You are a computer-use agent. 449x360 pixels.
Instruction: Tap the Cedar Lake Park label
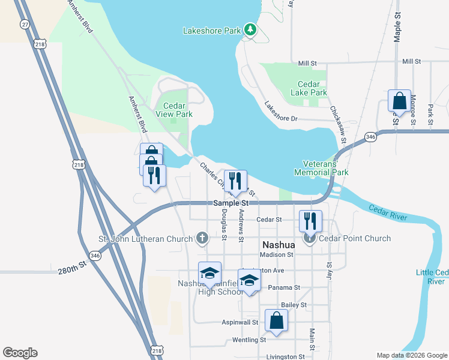point(312,89)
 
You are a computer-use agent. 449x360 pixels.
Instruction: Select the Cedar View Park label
point(174,110)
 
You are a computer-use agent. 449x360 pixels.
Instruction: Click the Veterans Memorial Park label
point(321,167)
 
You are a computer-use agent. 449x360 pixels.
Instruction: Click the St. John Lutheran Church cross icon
point(202,238)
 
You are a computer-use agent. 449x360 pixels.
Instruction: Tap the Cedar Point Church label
point(355,238)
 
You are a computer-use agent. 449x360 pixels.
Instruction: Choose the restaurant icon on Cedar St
point(310,220)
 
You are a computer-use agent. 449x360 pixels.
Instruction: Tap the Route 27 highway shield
point(25,24)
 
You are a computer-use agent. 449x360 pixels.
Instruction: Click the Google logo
point(20,353)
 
